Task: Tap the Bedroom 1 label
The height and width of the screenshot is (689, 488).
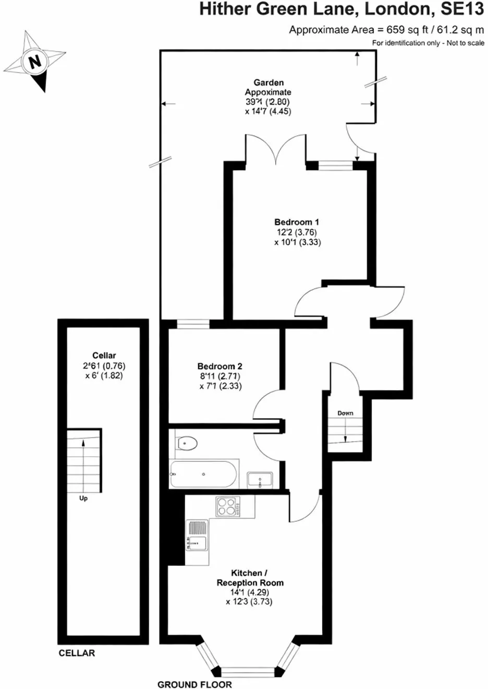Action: tap(297, 222)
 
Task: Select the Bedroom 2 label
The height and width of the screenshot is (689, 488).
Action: tap(219, 366)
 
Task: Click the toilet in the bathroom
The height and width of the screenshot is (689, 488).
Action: tap(187, 444)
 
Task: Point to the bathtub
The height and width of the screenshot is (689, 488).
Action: tap(203, 474)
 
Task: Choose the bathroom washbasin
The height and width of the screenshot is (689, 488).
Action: tap(260, 480)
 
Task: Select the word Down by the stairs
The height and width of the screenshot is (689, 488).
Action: tap(346, 413)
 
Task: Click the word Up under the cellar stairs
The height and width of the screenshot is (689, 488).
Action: tap(83, 498)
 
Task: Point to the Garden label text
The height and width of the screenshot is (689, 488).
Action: tap(269, 82)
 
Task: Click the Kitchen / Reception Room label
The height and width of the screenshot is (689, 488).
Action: tap(250, 578)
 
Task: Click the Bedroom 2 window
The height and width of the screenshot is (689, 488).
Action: tap(193, 324)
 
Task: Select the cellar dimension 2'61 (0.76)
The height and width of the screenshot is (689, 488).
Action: tap(104, 366)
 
